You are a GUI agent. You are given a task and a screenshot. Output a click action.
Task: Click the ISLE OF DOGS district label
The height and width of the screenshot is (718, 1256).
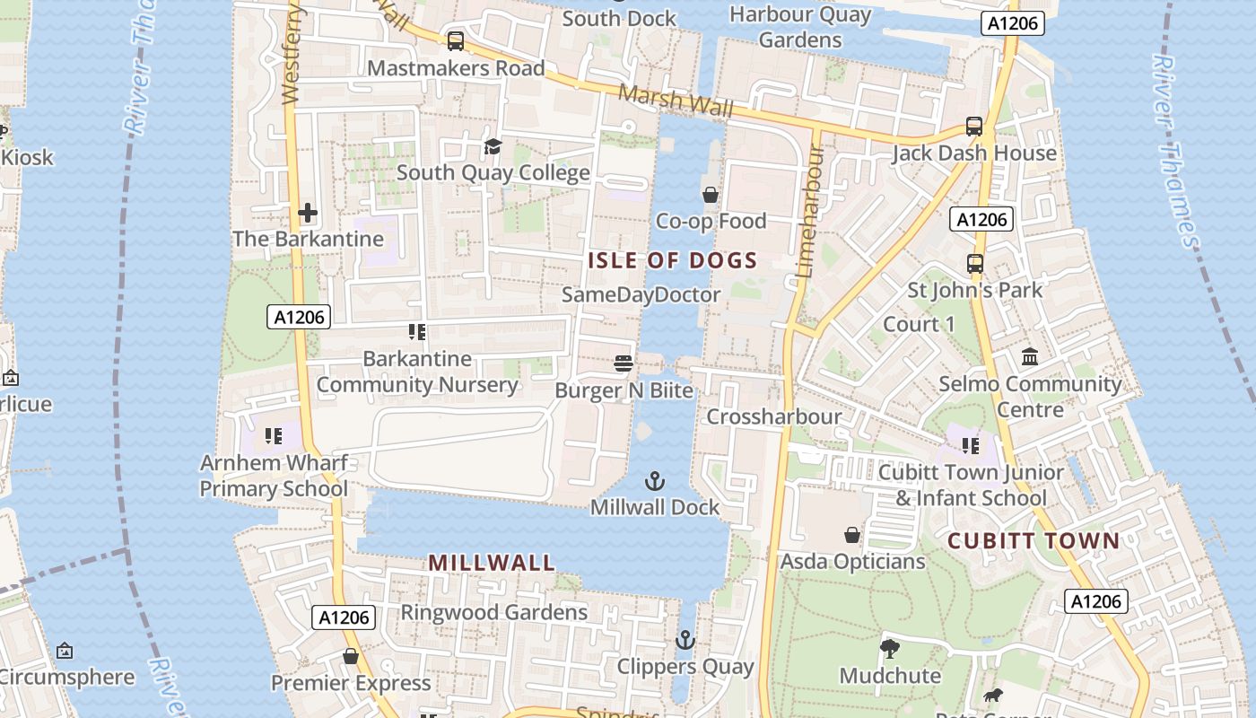[673, 261]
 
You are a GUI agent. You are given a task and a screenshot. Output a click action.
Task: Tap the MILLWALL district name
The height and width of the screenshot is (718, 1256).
[492, 563]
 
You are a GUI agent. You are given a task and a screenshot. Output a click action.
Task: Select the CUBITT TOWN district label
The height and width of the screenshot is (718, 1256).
[1034, 540]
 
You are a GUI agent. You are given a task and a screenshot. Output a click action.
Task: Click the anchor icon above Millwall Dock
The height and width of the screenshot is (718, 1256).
[655, 481]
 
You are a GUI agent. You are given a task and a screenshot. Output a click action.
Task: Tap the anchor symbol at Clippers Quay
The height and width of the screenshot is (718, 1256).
[685, 640]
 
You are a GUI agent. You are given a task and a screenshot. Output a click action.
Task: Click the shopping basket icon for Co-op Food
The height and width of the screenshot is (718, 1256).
[711, 195]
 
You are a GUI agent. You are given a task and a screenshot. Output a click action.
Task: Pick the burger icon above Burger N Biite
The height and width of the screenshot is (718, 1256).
[624, 363]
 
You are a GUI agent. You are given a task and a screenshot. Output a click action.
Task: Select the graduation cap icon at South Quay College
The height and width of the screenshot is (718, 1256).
[493, 146]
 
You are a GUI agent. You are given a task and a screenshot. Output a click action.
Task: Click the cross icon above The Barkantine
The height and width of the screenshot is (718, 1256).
[308, 213]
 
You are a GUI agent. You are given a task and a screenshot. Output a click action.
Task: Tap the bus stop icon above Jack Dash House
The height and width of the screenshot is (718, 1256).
[974, 127]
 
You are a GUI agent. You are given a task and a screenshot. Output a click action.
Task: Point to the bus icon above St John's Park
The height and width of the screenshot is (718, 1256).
[975, 264]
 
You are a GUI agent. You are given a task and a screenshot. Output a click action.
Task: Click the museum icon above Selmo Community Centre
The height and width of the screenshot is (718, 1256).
[1030, 357]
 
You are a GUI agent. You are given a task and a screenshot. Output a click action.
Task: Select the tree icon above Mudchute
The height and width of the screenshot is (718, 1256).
[890, 648]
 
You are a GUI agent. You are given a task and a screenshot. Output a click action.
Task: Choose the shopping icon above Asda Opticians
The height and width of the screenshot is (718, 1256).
[852, 535]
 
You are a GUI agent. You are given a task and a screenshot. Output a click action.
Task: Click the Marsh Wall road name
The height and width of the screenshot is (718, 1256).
[676, 101]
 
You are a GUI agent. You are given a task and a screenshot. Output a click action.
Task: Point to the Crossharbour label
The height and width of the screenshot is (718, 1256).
[773, 416]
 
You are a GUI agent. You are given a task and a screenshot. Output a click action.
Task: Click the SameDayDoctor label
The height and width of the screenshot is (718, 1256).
[641, 294]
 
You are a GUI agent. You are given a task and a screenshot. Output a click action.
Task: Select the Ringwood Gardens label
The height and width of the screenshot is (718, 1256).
[493, 612]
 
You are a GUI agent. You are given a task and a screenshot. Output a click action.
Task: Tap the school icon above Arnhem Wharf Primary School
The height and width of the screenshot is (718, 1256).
[274, 436]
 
